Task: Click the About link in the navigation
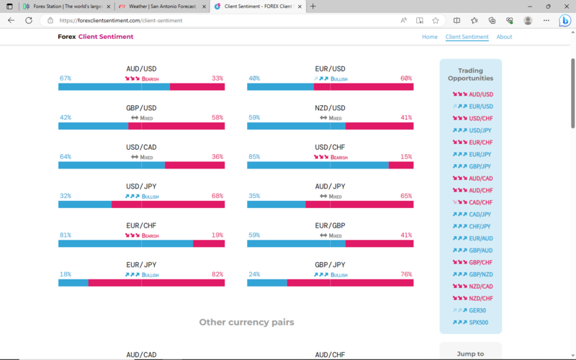(x=504, y=37)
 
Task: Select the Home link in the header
(x=430, y=37)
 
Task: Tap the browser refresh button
(x=29, y=20)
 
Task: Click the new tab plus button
(x=312, y=6)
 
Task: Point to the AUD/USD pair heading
(x=141, y=69)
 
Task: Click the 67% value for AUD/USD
(x=66, y=78)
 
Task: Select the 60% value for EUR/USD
(x=406, y=78)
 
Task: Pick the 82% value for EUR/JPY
(x=217, y=274)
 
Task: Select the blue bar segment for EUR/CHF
(x=125, y=243)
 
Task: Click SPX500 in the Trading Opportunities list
(x=479, y=322)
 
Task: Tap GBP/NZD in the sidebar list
(x=480, y=274)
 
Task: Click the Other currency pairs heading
(x=246, y=322)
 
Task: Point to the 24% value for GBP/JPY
(x=254, y=274)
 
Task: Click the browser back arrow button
(x=11, y=20)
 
